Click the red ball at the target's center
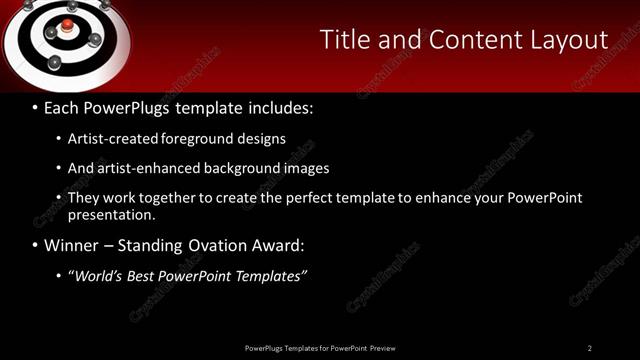(66, 24)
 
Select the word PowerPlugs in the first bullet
(128, 106)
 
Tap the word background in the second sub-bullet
(237, 168)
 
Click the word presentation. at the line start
(112, 214)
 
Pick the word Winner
(70, 245)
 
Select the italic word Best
(145, 276)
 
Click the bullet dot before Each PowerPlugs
(35, 107)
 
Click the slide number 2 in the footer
(589, 348)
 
